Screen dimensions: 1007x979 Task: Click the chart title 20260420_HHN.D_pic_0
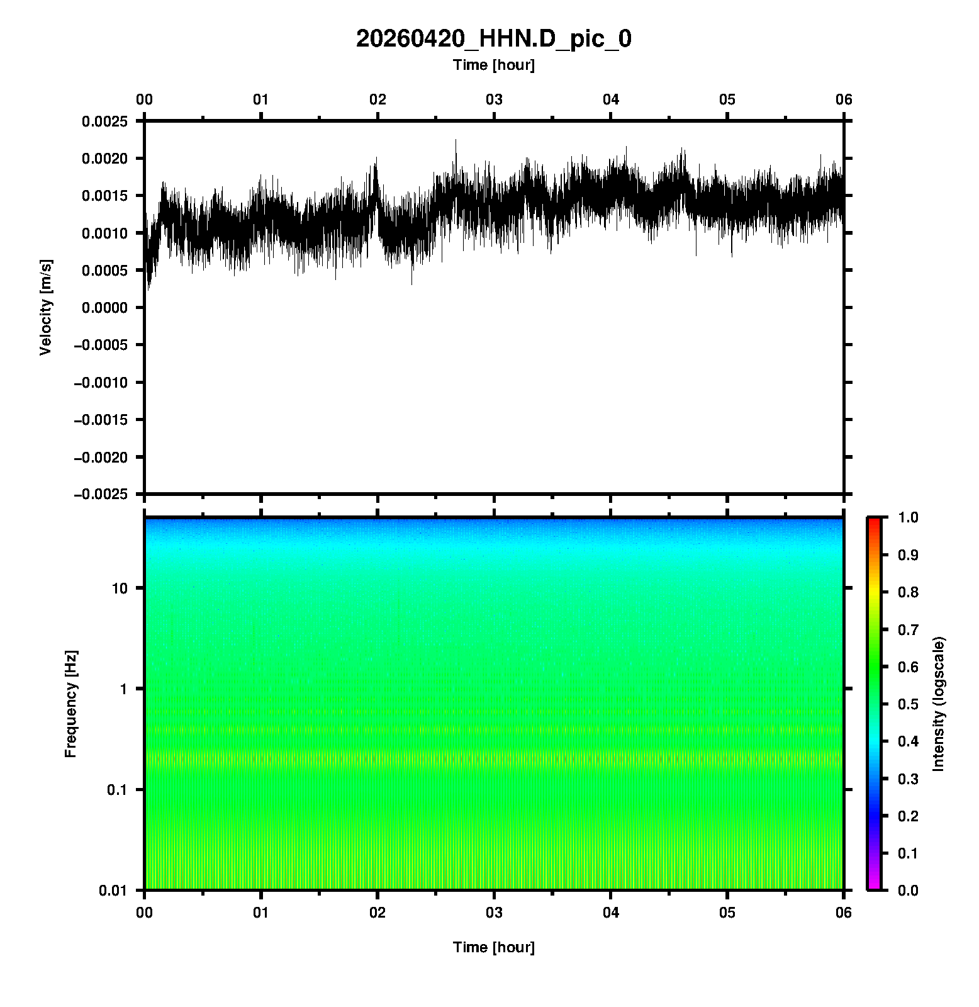pyautogui.click(x=494, y=39)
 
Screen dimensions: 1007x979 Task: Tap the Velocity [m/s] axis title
pyautogui.click(x=46, y=307)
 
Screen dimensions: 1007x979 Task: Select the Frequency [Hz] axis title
pyautogui.click(x=71, y=704)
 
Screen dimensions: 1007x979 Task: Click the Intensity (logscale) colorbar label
pyautogui.click(x=939, y=704)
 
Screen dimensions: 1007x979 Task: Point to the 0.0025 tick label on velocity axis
pyautogui.click(x=104, y=121)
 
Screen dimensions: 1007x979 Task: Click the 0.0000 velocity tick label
pyautogui.click(x=104, y=308)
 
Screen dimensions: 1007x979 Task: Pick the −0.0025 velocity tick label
pyautogui.click(x=102, y=494)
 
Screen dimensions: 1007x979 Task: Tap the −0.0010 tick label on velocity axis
pyautogui.click(x=102, y=383)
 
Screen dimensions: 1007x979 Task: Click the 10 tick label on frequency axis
pyautogui.click(x=120, y=588)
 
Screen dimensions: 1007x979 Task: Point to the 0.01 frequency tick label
pyautogui.click(x=114, y=891)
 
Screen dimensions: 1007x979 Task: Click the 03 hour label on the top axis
pyautogui.click(x=495, y=99)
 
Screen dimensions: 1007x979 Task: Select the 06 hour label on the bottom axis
pyautogui.click(x=844, y=913)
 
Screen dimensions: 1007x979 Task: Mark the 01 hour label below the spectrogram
pyautogui.click(x=261, y=913)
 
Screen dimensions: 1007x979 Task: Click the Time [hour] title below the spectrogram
pyautogui.click(x=494, y=947)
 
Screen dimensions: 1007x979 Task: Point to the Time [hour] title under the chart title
pyautogui.click(x=494, y=65)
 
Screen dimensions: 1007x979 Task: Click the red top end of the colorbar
pyautogui.click(x=874, y=521)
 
